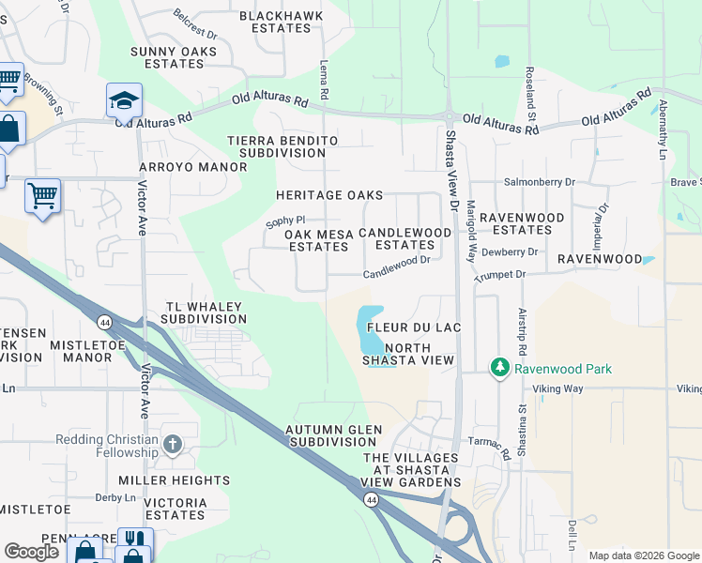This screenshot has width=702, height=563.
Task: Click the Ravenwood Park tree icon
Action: (500, 368)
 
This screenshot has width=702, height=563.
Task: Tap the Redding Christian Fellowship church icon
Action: (172, 443)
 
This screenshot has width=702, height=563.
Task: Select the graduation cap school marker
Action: (124, 100)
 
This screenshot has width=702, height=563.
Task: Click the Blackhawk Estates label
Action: (275, 22)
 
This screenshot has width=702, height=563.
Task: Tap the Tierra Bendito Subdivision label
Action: (282, 145)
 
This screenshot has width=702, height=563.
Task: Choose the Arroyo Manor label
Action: (192, 167)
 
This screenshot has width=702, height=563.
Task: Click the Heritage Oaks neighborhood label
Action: (328, 195)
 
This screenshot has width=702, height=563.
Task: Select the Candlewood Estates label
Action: (404, 238)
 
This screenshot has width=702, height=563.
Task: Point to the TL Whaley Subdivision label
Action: (204, 312)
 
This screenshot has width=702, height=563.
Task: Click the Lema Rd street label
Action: (324, 80)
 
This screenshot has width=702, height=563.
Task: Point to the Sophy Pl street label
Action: (286, 221)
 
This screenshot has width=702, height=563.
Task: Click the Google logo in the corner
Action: (31, 551)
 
